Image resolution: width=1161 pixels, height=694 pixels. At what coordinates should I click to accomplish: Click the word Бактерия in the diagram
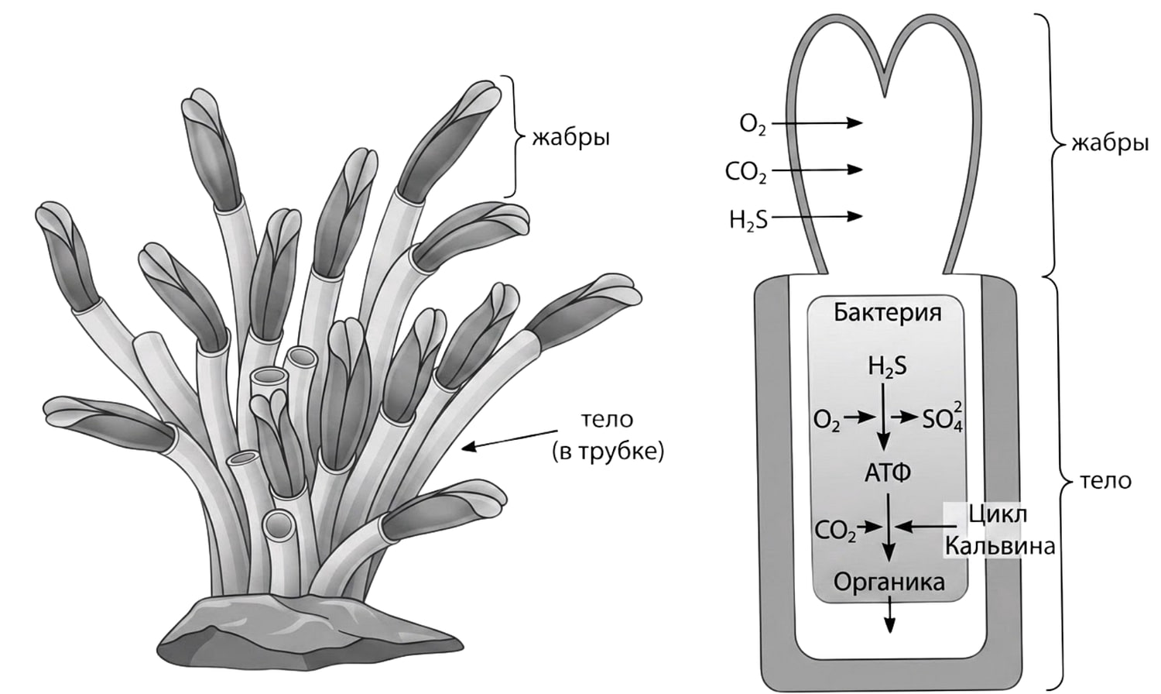887,313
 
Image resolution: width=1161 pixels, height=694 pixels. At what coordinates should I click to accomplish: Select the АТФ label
887,472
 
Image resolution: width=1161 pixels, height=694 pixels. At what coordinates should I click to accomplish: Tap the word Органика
889,583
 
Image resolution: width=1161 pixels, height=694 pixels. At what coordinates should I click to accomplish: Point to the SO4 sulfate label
943,418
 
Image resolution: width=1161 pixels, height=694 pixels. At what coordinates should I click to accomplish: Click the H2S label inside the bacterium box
888,368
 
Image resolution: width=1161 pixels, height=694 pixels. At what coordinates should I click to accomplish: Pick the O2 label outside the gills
752,125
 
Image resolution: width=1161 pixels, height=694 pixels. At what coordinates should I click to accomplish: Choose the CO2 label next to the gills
746,172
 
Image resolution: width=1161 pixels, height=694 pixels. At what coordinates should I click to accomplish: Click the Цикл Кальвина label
999,531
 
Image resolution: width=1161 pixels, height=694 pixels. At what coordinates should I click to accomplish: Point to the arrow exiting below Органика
890,615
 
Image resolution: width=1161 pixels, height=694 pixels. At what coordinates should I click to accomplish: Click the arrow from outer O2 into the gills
817,123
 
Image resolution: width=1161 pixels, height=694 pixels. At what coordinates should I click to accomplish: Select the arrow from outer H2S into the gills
817,216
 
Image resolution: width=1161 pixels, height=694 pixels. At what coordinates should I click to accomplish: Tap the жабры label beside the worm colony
571,139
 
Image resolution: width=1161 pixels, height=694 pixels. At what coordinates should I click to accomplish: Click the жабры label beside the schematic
1109,143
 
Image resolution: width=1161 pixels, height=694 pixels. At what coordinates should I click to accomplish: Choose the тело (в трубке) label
608,436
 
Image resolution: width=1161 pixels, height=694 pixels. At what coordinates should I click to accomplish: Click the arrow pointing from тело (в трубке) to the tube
509,439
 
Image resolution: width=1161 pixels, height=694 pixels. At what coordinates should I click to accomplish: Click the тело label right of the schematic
1105,481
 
